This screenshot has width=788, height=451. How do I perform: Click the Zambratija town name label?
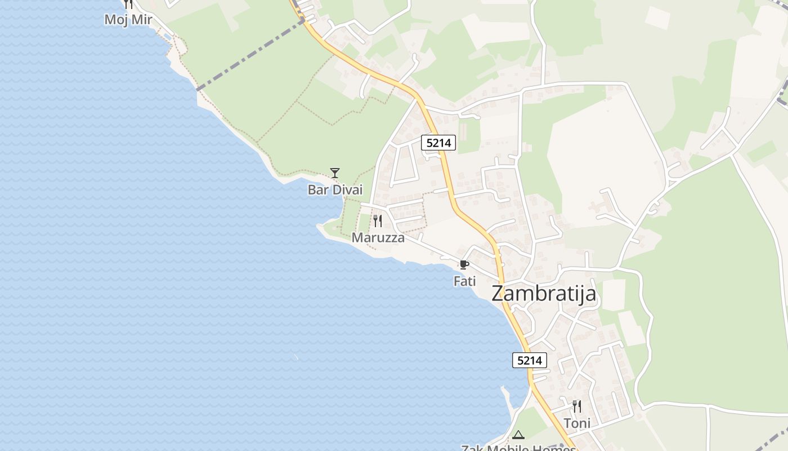(544, 294)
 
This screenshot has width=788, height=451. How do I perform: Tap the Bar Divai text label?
(335, 190)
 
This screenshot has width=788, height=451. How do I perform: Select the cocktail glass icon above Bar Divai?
(335, 173)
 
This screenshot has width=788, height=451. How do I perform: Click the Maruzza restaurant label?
(378, 238)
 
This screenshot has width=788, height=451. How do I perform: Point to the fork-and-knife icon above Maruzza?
(378, 220)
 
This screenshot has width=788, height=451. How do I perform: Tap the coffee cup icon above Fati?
(464, 264)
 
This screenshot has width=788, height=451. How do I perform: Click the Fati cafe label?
(465, 281)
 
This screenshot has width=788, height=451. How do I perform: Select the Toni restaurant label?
(577, 423)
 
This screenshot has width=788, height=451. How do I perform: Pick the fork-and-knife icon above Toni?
(577, 406)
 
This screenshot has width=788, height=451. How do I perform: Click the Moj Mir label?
(128, 20)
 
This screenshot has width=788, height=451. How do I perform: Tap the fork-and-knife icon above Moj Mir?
(128, 4)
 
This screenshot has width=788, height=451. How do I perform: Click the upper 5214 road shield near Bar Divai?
(438, 143)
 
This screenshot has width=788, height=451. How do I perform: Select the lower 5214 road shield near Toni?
(530, 360)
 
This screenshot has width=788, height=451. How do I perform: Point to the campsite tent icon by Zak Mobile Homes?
(518, 435)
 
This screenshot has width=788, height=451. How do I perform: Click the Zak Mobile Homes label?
(518, 448)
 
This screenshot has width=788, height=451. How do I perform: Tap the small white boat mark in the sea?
(295, 357)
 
